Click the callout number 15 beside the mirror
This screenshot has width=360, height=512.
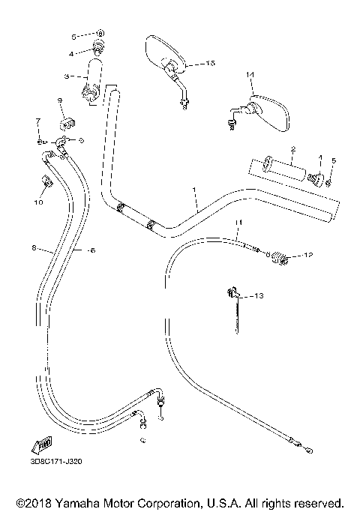[210, 64]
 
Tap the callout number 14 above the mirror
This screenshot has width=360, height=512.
[250, 74]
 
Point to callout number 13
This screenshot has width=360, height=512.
[259, 297]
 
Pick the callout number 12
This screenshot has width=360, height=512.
[307, 256]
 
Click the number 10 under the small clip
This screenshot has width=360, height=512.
[39, 201]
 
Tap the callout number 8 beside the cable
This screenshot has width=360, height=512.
[34, 247]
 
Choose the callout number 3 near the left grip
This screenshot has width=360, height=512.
[67, 76]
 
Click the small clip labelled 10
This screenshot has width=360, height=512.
[44, 181]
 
